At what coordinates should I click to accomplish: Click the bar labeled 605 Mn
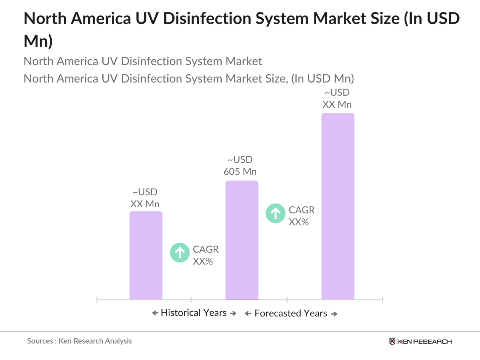tap(242, 240)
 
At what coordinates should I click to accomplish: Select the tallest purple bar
tap(337, 206)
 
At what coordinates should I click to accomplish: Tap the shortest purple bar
tap(146, 255)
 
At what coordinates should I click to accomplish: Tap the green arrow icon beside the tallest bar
tap(275, 213)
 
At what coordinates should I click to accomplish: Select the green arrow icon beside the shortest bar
tap(180, 253)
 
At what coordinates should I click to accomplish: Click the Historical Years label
tap(194, 313)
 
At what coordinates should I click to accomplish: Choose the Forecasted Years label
tap(290, 313)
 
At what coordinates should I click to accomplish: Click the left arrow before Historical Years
tap(155, 313)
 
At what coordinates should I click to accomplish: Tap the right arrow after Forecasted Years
tap(334, 314)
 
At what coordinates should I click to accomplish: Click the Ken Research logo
tap(420, 342)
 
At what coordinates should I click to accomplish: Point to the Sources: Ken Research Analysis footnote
tap(79, 341)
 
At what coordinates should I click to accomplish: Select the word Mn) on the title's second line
tap(38, 41)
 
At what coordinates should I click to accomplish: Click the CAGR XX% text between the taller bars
tap(301, 216)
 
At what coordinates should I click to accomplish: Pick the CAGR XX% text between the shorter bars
tap(205, 255)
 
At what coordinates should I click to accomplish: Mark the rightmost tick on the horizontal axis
tap(382, 300)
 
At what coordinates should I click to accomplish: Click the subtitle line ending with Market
tap(143, 61)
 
